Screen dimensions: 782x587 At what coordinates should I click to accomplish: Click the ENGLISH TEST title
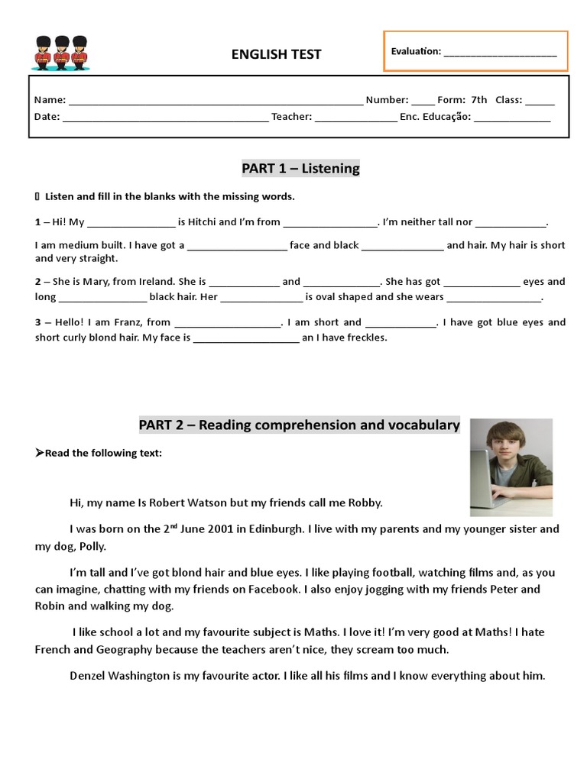pyautogui.click(x=276, y=54)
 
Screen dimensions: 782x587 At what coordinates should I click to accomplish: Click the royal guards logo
pyautogui.click(x=60, y=53)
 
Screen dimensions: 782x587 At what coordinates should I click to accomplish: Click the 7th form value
pyautogui.click(x=478, y=100)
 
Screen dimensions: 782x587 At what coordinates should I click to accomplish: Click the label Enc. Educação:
pyautogui.click(x=435, y=117)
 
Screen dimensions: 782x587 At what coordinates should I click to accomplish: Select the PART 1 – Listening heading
pyautogui.click(x=300, y=168)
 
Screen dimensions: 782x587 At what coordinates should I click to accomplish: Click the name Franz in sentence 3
pyautogui.click(x=128, y=322)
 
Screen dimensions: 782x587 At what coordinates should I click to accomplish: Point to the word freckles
pyautogui.click(x=367, y=338)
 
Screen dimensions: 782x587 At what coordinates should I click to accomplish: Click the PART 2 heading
pyautogui.click(x=299, y=425)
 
